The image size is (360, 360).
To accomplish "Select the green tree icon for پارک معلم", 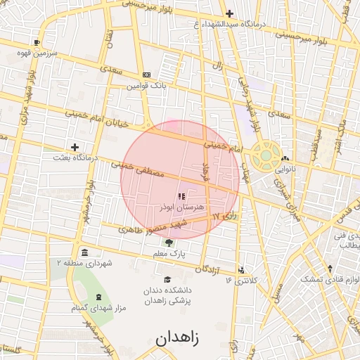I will pos(167,243).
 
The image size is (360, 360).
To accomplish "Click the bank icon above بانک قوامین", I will pos(146,75).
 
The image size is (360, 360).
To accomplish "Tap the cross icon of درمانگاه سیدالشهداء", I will pos(229,13).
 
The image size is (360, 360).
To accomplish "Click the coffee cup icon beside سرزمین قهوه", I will pos(27,42).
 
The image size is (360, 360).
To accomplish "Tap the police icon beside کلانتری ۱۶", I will pos(243,270).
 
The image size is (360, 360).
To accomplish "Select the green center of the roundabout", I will pos(266,156).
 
